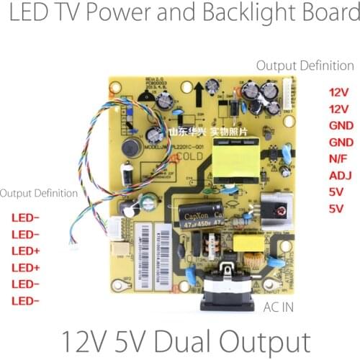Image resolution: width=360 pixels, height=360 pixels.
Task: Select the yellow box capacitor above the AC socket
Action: click(x=253, y=246)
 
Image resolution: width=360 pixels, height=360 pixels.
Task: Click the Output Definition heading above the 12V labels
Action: click(x=305, y=66)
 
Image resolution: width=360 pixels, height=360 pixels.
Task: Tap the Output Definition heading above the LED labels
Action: click(x=39, y=194)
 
